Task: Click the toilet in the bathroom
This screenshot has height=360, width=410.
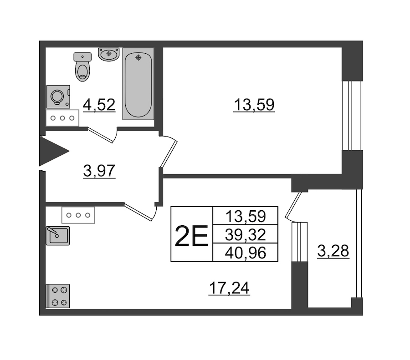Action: click(x=82, y=67)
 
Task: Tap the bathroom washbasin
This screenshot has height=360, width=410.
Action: click(x=109, y=54)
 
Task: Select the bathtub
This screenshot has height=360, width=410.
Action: click(x=138, y=84)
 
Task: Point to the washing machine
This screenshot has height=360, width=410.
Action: click(x=58, y=96)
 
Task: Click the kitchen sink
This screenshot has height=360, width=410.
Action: click(x=58, y=236)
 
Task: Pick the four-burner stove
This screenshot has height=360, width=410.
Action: click(x=58, y=296)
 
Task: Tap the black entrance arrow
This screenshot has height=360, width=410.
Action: click(x=54, y=151)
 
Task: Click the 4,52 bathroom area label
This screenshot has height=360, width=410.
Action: click(x=99, y=105)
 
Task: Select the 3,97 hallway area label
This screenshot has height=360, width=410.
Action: click(x=99, y=171)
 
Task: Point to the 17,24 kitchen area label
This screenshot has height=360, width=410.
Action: click(x=229, y=288)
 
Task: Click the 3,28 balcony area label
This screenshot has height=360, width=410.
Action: click(x=333, y=251)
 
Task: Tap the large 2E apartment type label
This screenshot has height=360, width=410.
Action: click(x=191, y=236)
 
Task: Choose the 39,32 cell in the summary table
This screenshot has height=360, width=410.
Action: click(x=245, y=234)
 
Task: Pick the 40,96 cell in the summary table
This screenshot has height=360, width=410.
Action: click(x=245, y=253)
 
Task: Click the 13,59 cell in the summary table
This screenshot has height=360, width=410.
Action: click(x=245, y=216)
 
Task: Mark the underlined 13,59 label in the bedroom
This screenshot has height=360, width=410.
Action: click(x=254, y=105)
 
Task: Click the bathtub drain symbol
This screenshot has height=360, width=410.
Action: click(x=138, y=57)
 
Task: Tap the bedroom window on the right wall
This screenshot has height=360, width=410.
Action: click(x=352, y=116)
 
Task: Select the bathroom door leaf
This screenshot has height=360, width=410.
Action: click(x=101, y=135)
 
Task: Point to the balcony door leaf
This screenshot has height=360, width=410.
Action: click(x=293, y=205)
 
